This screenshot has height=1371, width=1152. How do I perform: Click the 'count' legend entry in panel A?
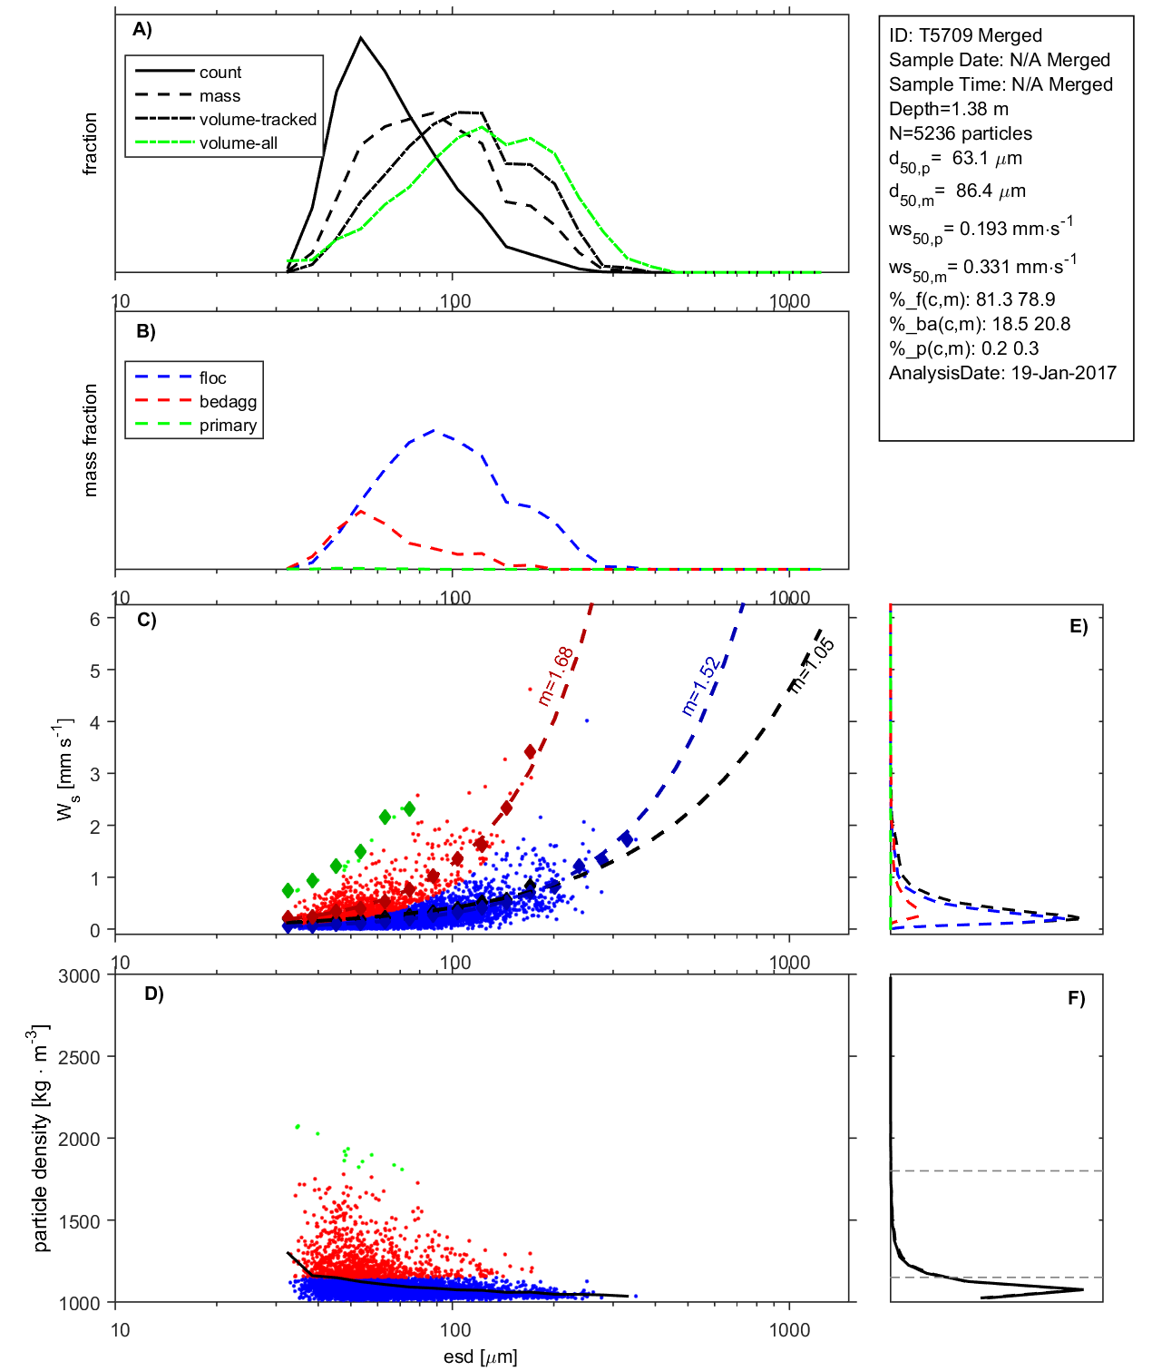pos(220,73)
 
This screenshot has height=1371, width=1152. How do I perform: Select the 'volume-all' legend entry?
pos(238,143)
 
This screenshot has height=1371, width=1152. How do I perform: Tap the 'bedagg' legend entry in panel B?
pos(228,402)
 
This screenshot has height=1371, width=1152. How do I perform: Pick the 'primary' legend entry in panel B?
pos(228,426)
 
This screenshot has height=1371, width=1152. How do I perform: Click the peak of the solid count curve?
pos(361,38)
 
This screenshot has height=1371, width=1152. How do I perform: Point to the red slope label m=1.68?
pos(555,676)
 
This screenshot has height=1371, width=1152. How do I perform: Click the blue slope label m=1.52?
pos(699,686)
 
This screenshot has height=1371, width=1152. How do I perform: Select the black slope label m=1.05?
pos(811,666)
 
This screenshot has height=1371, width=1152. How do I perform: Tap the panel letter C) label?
pos(146,621)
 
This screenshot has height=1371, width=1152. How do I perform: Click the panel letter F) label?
pos(1076,999)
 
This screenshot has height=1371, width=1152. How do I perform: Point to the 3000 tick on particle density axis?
pos(79,976)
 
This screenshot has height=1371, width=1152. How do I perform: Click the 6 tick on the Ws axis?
pos(94,619)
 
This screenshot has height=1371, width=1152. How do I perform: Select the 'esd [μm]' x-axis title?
pos(480,1357)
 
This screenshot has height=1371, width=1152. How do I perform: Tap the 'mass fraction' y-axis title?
pos(90,440)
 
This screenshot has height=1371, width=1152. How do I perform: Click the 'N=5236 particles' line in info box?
pos(960,133)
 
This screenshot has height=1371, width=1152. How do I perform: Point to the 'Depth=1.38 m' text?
pos(948,109)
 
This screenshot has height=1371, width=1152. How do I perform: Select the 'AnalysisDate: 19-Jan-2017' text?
pos(1002,373)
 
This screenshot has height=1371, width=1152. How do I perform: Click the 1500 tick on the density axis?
pos(79,1221)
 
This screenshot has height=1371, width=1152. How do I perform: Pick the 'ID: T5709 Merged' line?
pos(965,35)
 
